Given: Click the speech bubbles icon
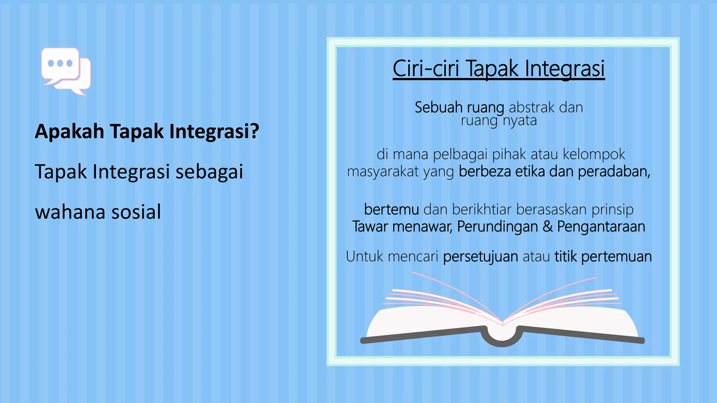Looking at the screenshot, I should [66, 71].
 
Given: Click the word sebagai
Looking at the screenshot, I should [209, 172].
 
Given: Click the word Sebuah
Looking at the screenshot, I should [438, 107].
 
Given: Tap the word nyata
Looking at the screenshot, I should [520, 121].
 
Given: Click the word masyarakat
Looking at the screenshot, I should [383, 172].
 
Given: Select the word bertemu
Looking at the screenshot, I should [391, 209].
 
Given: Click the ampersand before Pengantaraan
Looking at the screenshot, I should [548, 226].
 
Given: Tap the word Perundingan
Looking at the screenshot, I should [497, 227].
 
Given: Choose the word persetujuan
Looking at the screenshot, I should [480, 256].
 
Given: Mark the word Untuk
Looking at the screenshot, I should [364, 256].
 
